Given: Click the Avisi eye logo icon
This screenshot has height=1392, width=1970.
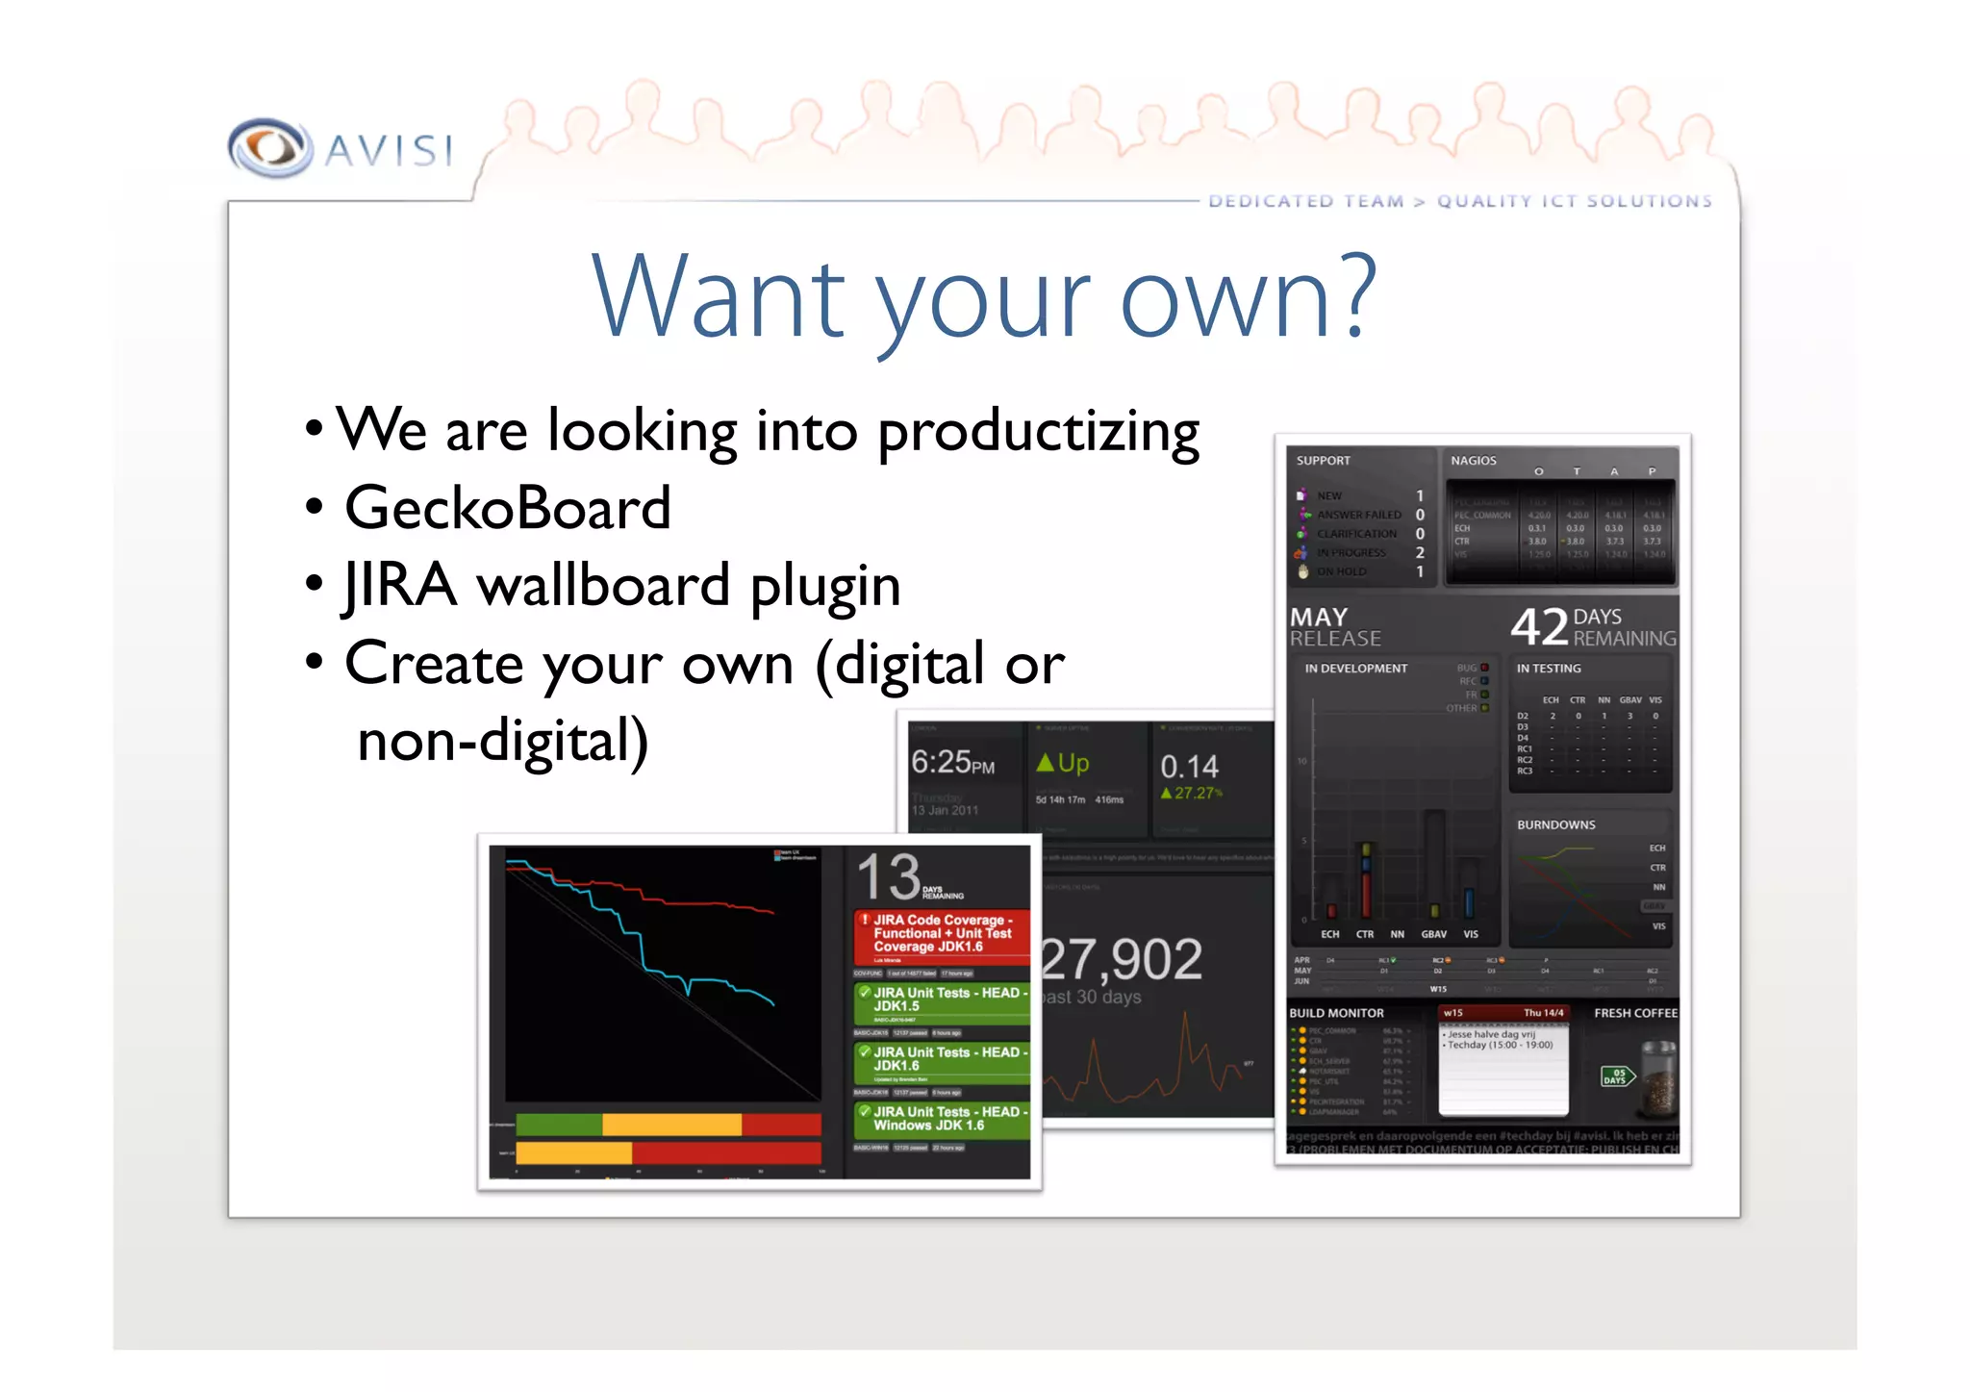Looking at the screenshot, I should (270, 148).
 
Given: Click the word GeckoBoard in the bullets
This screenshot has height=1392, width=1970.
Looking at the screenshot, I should (507, 508).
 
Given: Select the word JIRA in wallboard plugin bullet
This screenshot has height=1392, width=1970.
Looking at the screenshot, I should (399, 586).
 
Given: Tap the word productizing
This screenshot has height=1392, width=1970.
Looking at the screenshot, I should (1038, 432).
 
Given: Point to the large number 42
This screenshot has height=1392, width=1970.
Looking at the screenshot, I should (1539, 626).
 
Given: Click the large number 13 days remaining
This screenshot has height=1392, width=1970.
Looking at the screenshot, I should (889, 876).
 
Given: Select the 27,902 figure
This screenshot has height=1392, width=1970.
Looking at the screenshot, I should (1122, 959).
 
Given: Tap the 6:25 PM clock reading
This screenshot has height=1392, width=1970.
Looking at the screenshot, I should (952, 763).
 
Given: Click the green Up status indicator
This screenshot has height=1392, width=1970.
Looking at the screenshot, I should (1063, 763).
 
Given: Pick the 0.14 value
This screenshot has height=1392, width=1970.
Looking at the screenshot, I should (1189, 767).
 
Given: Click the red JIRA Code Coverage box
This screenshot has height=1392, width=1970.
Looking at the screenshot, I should (942, 934).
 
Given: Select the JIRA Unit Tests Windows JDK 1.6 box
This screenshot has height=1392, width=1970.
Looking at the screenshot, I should (942, 1119).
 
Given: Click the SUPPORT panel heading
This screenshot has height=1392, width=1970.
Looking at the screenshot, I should (1323, 461).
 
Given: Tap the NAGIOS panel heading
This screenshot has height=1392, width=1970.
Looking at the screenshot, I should (1473, 461).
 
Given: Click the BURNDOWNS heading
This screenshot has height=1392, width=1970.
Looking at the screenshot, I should (1555, 825).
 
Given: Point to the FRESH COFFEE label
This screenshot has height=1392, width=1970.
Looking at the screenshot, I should (1635, 1013).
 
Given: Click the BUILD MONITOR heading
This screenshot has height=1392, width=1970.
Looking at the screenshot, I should (1336, 1013).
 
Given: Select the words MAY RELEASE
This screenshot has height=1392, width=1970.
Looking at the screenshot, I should (1335, 627).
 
